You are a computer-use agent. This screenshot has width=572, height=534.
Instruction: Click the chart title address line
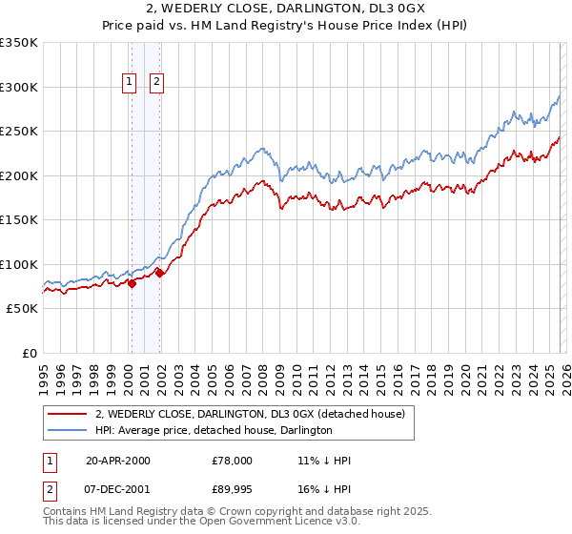point(286,10)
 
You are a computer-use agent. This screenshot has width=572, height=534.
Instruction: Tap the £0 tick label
point(30,353)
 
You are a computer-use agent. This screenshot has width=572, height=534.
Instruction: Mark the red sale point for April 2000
point(132,283)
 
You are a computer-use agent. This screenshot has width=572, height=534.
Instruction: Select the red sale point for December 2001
point(159,273)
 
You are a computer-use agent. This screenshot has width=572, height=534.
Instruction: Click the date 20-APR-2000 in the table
point(118,461)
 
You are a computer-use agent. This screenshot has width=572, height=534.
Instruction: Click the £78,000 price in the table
point(233,461)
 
